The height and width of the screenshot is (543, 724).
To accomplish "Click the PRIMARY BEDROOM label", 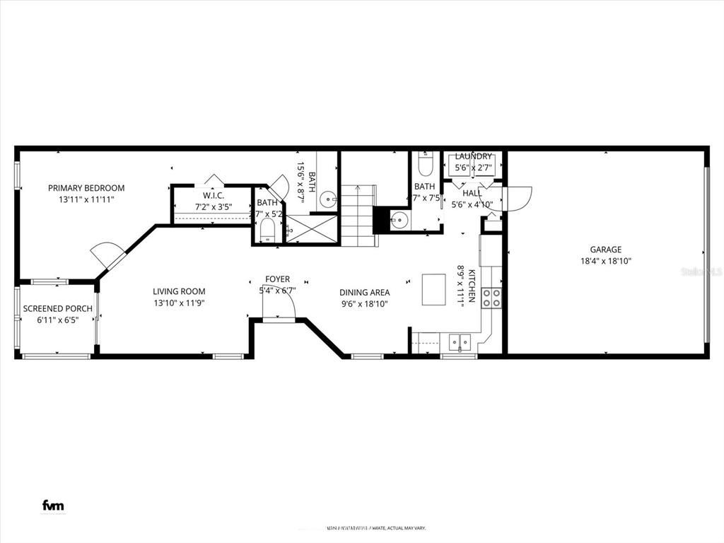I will coord(86,188).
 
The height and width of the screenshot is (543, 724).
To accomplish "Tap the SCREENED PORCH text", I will coord(57,309).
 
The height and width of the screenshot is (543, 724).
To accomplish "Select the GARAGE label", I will coord(606,250).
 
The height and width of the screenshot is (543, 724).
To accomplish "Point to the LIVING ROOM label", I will coord(179,291).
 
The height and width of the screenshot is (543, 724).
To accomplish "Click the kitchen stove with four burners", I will coord(491,298).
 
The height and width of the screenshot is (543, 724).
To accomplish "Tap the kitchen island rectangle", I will coord(433,289).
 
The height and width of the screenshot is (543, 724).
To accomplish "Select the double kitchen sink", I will coord(459,342).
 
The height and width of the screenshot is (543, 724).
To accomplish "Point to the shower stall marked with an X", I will coord(312,228).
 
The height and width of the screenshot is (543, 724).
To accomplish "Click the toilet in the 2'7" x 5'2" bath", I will coord(267,230).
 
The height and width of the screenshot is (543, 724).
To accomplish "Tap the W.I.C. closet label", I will coord(214,195).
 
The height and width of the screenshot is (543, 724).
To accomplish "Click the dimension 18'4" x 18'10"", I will coord(606,261).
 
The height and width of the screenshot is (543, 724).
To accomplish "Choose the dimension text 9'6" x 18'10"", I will coord(364,303).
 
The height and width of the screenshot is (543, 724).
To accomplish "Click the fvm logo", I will coord(53,505).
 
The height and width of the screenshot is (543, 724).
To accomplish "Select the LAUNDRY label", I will coord(473,156).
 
